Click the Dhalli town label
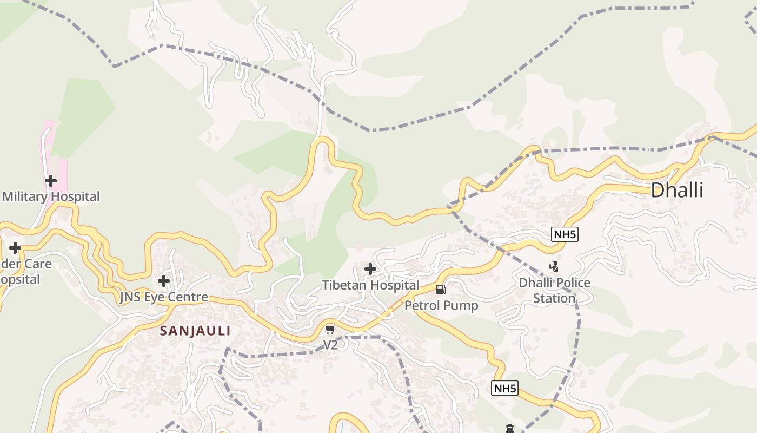click(x=676, y=190)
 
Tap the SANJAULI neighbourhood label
click(x=195, y=331)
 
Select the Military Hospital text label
click(x=51, y=196)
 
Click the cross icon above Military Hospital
click(x=51, y=180)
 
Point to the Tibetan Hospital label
click(x=370, y=285)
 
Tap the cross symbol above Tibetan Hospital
click(x=370, y=268)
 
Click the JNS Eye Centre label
click(x=164, y=297)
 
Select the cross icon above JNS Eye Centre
click(x=164, y=280)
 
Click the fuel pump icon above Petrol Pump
click(x=441, y=289)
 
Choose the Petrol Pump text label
click(x=441, y=305)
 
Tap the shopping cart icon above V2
click(x=330, y=329)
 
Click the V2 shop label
click(x=330, y=345)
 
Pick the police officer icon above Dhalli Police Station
click(x=554, y=266)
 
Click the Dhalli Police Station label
click(x=554, y=290)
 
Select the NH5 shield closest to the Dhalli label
click(x=565, y=234)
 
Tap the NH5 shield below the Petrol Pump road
click(x=504, y=388)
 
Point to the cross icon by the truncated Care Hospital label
click(x=15, y=248)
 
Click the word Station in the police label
click(x=554, y=298)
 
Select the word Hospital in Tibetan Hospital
click(x=394, y=285)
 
